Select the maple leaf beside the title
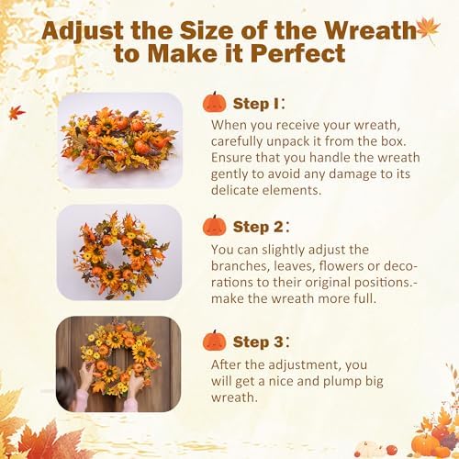426,28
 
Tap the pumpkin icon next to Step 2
215,225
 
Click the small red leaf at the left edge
16,113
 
